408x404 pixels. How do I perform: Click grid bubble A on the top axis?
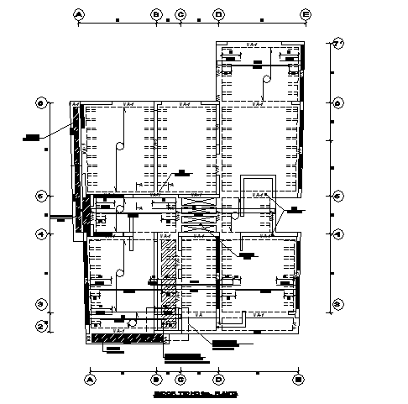point(79,14)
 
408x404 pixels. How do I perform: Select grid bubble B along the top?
point(156,14)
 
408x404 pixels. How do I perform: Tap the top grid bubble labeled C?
point(180,14)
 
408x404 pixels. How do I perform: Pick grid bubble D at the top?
point(219,14)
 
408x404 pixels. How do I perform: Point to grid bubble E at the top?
point(306,14)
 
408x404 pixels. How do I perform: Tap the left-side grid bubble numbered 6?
point(39,103)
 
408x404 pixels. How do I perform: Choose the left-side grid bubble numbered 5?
point(39,197)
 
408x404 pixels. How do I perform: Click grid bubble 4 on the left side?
point(39,234)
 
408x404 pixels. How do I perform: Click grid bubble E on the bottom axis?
point(297,379)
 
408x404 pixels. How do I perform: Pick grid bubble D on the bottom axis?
point(219,379)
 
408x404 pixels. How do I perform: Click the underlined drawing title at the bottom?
point(195,393)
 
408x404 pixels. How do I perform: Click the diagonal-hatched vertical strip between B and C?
point(170,273)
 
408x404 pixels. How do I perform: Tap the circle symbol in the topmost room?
point(266,81)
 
